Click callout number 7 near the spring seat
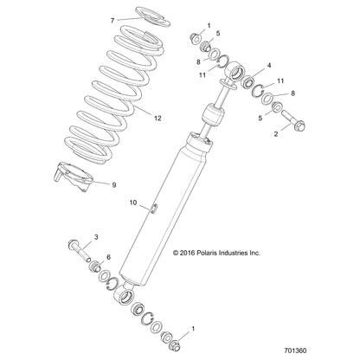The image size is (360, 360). pyautogui.click(x=111, y=18)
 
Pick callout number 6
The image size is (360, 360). pyautogui.click(x=108, y=257)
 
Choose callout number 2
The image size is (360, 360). pyautogui.click(x=276, y=134)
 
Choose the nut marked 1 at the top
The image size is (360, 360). pyautogui.click(x=196, y=37)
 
